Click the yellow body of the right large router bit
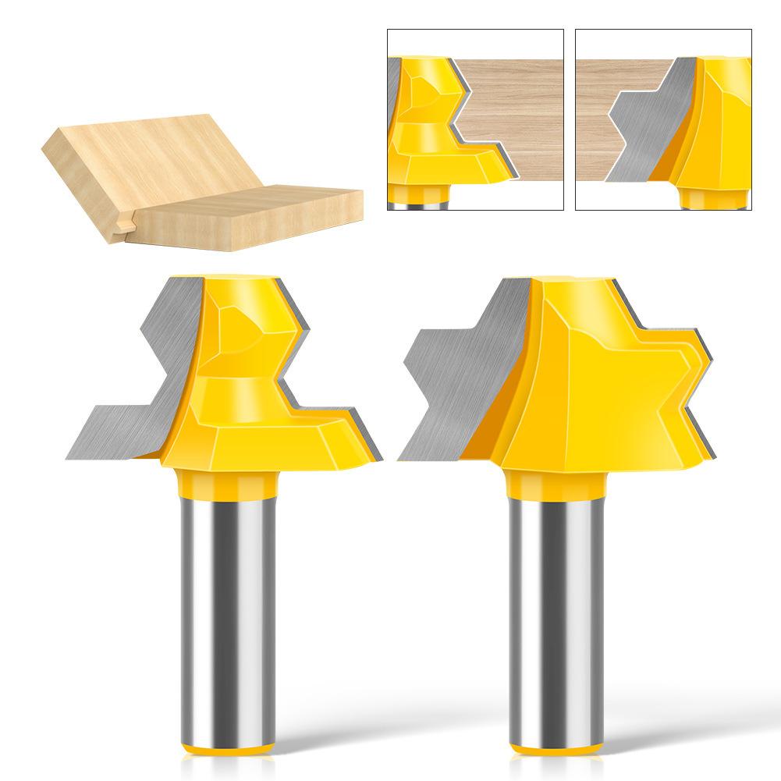[x=593, y=390]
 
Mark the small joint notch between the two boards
[x=124, y=227]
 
